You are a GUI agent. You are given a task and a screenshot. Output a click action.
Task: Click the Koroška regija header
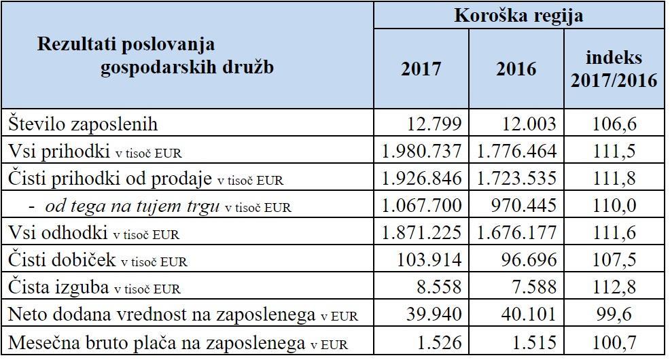point(518,16)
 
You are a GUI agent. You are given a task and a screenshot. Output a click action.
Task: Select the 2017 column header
point(421,69)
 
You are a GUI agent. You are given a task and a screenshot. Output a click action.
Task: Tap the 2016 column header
point(516,69)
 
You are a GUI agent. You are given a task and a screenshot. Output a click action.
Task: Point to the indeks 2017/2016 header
point(614,69)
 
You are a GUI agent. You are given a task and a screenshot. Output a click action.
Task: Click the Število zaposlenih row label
point(84,124)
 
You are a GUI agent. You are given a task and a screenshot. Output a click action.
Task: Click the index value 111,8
point(614,179)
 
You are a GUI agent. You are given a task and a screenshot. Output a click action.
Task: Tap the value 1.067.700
point(422,206)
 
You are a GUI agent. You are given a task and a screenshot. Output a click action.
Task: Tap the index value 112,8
point(614,287)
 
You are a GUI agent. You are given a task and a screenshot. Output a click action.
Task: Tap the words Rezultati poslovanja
point(126,46)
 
